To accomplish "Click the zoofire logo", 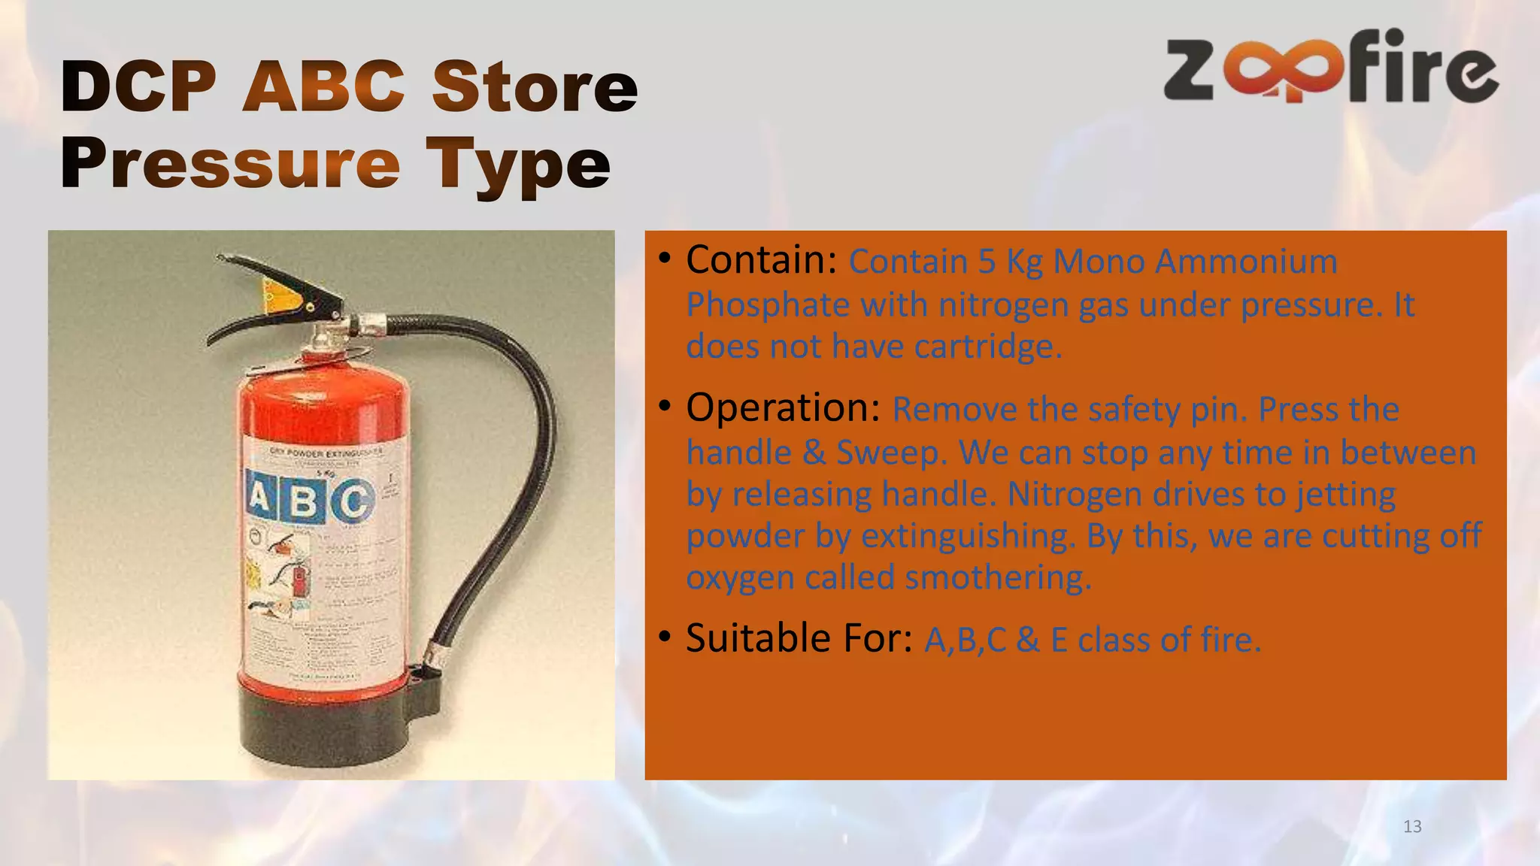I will click(x=1331, y=68).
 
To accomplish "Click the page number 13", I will click(x=1412, y=827).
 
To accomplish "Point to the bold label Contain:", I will click(x=761, y=260).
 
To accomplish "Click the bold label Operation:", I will click(x=783, y=408).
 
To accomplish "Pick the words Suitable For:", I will click(x=799, y=638).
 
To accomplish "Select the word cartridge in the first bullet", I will click(x=987, y=347).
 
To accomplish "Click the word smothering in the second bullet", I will click(x=997, y=578).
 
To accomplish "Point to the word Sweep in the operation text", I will click(x=890, y=453).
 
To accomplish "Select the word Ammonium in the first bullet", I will click(x=1246, y=262).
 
